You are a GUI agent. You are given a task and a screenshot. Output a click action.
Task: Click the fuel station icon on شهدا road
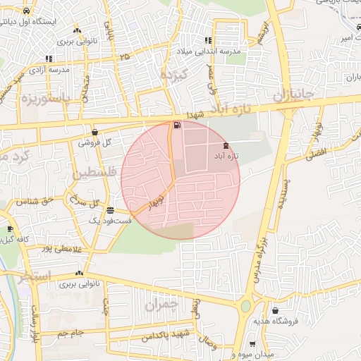point(176,126)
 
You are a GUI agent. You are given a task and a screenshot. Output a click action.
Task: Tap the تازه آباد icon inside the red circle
point(225,145)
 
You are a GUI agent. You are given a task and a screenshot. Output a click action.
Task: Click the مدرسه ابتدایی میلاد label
point(212,52)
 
